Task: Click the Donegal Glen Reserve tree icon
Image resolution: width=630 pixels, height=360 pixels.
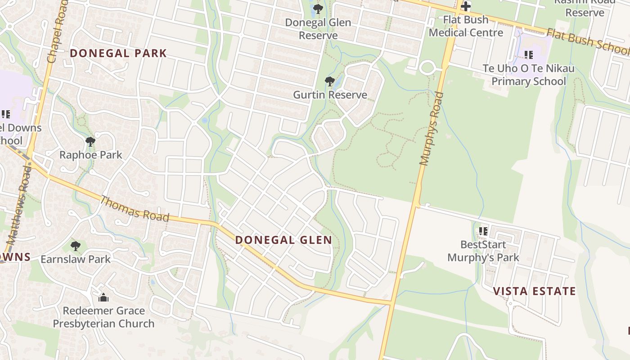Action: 318,9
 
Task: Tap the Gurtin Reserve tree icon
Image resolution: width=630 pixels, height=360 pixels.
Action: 330,81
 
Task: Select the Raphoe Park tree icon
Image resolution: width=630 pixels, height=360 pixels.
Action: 90,142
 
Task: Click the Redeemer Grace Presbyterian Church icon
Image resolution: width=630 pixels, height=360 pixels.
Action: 103,297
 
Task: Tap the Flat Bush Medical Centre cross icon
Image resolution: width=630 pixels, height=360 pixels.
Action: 466,6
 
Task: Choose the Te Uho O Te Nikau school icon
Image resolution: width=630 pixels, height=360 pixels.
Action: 529,55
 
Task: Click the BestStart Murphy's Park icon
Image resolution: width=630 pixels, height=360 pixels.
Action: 483,231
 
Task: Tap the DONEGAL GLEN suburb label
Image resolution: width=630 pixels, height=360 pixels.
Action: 283,240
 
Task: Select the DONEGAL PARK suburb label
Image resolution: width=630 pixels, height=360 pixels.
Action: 118,54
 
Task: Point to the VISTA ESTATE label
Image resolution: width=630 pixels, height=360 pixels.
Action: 535,291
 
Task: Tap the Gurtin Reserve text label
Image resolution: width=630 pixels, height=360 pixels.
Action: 330,95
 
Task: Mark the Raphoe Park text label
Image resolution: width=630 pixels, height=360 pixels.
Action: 91,155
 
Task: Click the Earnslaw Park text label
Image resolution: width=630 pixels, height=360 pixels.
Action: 76,259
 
